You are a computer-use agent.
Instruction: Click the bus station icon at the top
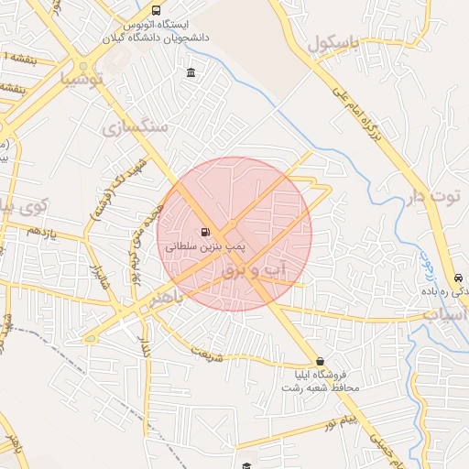[156, 11]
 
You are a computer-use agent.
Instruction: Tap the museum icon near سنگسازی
[190, 73]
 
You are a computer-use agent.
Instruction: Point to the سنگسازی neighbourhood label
[137, 126]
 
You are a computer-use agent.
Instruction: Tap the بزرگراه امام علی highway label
[361, 111]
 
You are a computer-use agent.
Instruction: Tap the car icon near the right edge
[457, 278]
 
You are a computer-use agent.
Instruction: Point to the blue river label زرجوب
[427, 267]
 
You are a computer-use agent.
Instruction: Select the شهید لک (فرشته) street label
[108, 191]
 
